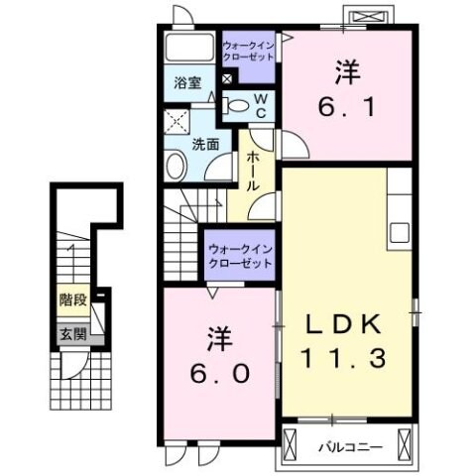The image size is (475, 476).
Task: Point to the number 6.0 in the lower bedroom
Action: tap(219, 375)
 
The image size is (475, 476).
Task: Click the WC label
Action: tap(258, 104)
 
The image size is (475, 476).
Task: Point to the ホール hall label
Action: tap(254, 171)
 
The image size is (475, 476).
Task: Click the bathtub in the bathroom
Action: tap(185, 48)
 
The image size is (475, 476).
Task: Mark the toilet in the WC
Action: tap(236, 104)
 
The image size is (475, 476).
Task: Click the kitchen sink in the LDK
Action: tap(400, 232)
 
